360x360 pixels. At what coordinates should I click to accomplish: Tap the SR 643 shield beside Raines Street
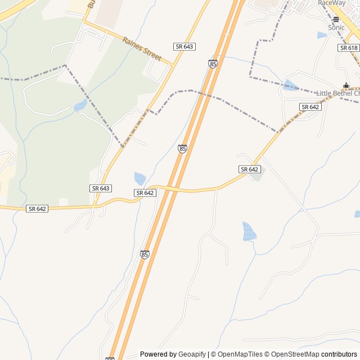pos(184,46)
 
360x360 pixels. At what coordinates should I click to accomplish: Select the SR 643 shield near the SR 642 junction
pos(101,188)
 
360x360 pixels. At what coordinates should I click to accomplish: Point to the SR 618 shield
pos(349,48)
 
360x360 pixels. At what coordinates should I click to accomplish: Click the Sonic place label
pos(336,28)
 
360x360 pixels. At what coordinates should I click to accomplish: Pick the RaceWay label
pos(332,3)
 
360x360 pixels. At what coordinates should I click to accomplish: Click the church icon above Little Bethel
pos(346,85)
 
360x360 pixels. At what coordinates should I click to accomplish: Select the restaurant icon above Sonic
pos(336,19)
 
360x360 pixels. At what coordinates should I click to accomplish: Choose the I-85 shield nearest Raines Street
pos(213,64)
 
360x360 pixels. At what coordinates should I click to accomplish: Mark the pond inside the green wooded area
pos(80,105)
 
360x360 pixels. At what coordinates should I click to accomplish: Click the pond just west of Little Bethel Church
pos(290,85)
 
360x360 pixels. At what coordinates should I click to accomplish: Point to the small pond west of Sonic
pos(321,35)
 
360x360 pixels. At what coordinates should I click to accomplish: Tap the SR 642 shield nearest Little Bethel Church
pos(310,107)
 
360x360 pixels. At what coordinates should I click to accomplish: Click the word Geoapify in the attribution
pos(192,354)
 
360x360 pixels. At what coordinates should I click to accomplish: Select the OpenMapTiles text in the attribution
pos(240,354)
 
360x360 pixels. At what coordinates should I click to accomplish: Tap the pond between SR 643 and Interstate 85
pos(139,178)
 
